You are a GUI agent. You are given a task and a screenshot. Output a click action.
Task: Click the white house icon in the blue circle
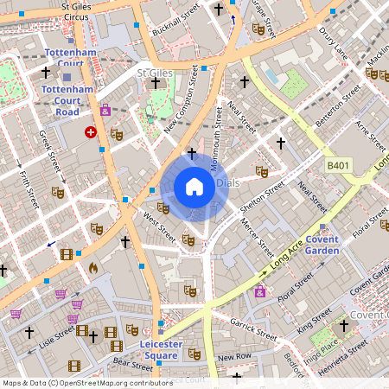click(x=194, y=186)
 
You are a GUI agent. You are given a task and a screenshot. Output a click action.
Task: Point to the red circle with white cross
click(x=91, y=132)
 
